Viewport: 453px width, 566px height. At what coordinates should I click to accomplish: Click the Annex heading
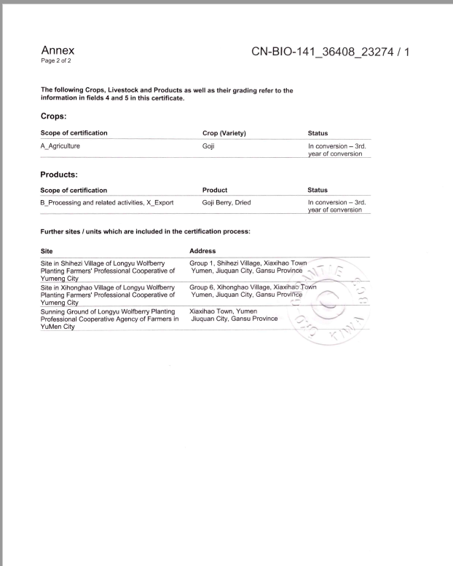click(x=58, y=50)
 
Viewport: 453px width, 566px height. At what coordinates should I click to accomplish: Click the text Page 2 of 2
click(x=57, y=60)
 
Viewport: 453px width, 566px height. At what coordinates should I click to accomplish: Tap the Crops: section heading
click(x=57, y=115)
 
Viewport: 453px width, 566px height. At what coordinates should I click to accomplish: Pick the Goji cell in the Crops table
click(x=209, y=146)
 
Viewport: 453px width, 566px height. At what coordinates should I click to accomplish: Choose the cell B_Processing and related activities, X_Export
click(x=107, y=202)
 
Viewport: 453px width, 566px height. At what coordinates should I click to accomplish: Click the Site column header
click(x=48, y=250)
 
